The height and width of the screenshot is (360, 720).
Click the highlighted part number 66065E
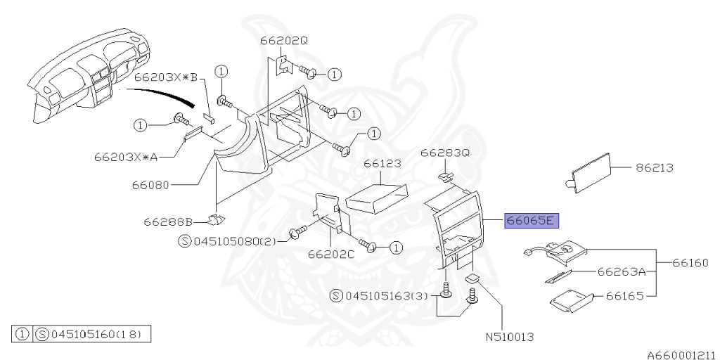click(531, 221)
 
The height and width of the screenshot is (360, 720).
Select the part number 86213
click(655, 168)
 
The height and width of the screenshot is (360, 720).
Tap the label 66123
click(382, 163)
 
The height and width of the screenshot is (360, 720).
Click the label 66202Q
click(284, 41)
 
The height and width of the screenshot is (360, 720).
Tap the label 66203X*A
click(127, 156)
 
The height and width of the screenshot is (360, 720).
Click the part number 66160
click(691, 263)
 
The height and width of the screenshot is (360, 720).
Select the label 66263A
click(621, 271)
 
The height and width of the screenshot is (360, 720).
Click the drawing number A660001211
click(681, 355)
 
